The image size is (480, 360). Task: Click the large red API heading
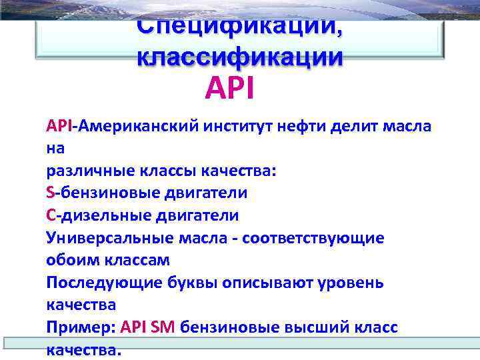[x=230, y=87]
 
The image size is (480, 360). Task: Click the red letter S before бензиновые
[x=51, y=193]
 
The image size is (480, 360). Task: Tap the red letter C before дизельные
[x=51, y=215]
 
